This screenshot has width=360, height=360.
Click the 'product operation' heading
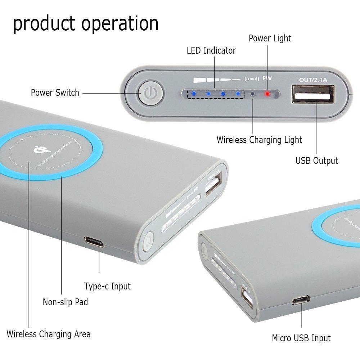pos(86,24)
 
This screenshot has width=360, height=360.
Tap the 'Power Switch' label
pos(55,93)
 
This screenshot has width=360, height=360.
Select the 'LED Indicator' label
pos(211,50)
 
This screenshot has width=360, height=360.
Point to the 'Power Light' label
pos(270,39)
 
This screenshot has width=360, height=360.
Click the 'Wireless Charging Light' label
pos(259,140)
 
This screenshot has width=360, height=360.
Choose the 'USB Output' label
pos(316,161)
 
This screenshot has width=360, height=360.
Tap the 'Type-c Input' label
pos(107,286)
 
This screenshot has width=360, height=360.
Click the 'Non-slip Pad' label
pos(66,302)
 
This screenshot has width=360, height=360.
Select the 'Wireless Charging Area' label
pos(49,334)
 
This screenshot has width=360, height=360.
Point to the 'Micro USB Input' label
pos(301,338)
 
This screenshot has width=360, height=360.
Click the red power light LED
pos(267,94)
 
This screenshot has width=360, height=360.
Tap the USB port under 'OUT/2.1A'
pos(314,94)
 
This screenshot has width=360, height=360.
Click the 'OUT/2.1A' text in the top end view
pos(313,80)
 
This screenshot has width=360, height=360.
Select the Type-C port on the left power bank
pos(94,242)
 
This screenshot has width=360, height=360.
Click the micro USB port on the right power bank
pos(301,300)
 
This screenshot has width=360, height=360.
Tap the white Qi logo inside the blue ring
pos(42,149)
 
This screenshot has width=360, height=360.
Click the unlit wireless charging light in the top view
pos(253,94)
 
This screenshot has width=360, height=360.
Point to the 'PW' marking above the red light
pos(267,78)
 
